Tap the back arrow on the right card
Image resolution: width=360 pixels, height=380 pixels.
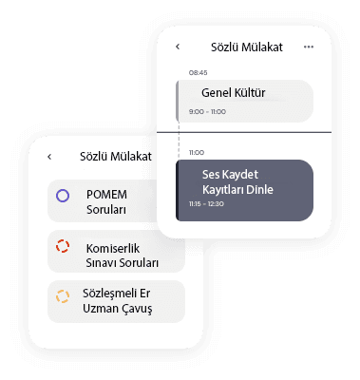[178, 47]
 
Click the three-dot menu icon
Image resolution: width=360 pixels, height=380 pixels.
[309, 47]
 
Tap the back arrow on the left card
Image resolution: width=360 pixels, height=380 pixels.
[49, 157]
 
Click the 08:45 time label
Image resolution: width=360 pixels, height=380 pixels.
[198, 73]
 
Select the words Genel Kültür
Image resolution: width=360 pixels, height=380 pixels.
[234, 93]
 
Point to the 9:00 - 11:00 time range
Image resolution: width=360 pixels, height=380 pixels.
[207, 111]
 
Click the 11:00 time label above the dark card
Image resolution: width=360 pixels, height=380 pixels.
[197, 153]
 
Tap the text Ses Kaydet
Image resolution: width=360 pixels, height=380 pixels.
[230, 175]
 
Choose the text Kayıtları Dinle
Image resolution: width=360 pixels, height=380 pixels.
[237, 190]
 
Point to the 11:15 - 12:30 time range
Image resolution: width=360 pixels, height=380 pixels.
[206, 204]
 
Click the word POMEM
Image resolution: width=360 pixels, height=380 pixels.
[106, 195]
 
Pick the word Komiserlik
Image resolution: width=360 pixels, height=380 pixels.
[113, 249]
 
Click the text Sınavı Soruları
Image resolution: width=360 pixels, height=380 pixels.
[123, 263]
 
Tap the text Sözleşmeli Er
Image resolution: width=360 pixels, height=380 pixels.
[116, 294]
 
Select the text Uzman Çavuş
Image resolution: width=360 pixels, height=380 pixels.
[118, 309]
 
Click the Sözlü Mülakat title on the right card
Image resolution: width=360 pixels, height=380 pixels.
[247, 47]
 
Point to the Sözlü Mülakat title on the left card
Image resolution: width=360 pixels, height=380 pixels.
[116, 157]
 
